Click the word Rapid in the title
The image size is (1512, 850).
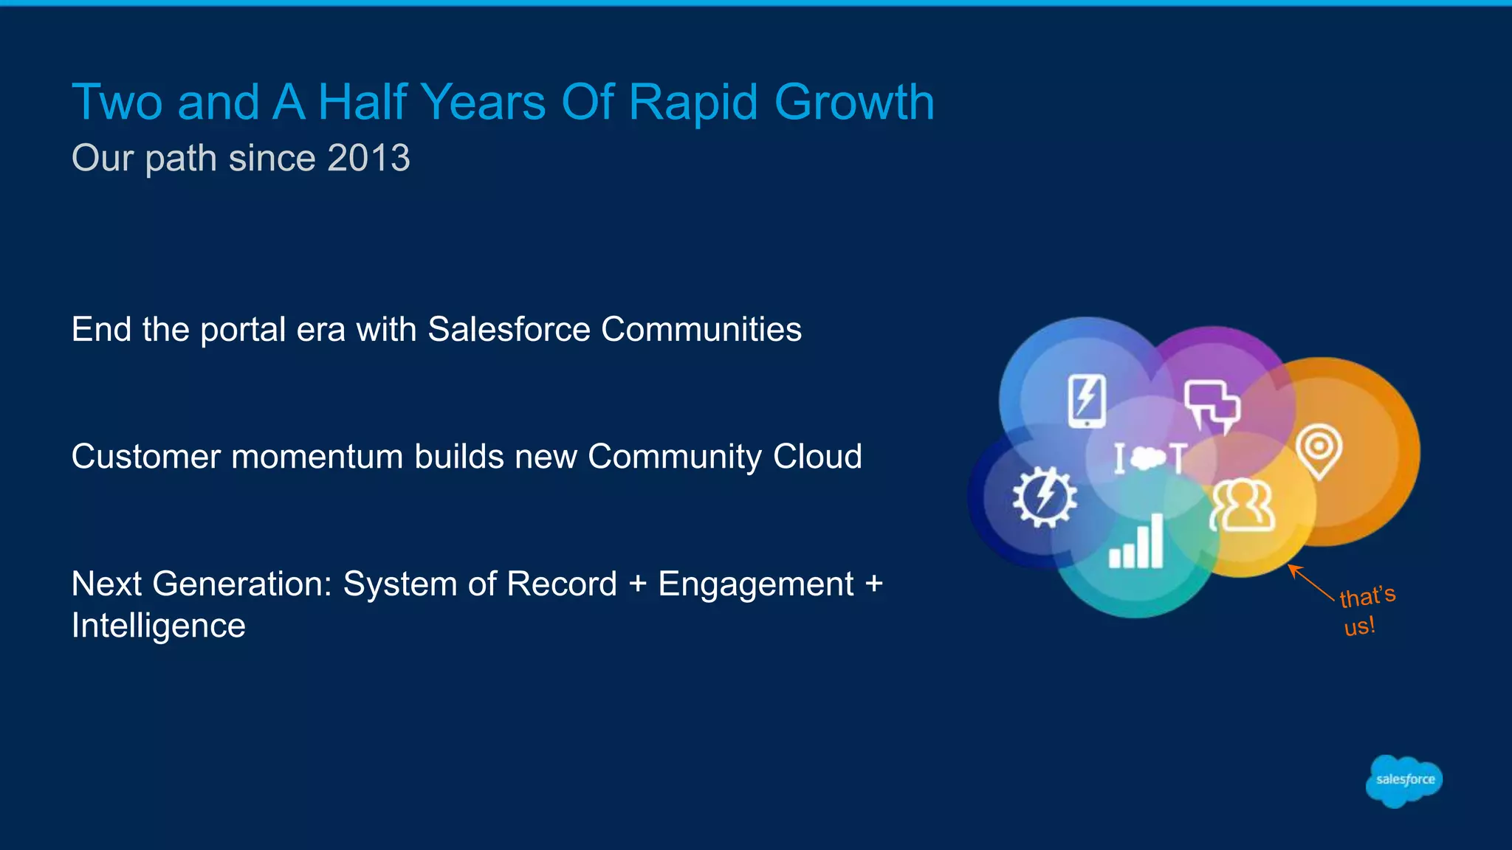coord(693,102)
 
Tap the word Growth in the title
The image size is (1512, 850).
coord(854,102)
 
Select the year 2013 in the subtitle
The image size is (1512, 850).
coord(368,158)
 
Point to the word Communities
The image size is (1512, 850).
coord(701,329)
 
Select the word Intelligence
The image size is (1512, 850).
coord(158,626)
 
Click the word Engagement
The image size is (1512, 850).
coord(755,584)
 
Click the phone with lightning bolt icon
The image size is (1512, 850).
coord(1087,401)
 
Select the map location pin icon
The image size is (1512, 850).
coord(1319,451)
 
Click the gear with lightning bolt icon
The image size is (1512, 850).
coord(1044,497)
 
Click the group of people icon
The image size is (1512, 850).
coord(1243,506)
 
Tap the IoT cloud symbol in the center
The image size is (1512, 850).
coord(1150,458)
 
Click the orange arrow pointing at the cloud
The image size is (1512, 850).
coord(1310,582)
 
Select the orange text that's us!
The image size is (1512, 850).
coord(1365,610)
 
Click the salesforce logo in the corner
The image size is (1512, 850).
coord(1403,781)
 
